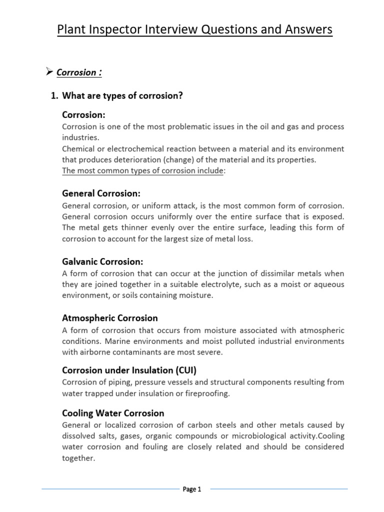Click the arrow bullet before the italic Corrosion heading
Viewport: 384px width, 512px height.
coord(49,72)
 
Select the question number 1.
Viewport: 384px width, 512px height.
coord(54,96)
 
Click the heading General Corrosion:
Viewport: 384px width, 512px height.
coord(101,193)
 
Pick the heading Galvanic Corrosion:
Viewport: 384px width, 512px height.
coord(102,261)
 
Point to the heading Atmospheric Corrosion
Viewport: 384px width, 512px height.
coord(109,318)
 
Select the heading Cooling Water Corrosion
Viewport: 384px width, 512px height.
coord(113,413)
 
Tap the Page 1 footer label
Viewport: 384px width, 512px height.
coord(191,489)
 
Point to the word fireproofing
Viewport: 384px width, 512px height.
coord(205,393)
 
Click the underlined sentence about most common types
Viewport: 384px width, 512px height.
coord(143,171)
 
